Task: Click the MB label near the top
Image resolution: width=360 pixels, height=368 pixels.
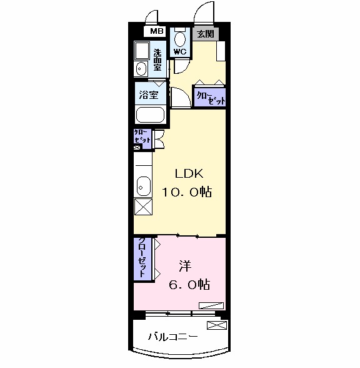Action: (x=155, y=31)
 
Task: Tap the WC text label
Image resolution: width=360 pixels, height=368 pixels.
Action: (x=180, y=52)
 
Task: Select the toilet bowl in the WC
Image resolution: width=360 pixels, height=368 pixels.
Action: (x=180, y=36)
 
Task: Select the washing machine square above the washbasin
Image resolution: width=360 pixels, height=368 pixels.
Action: (x=142, y=51)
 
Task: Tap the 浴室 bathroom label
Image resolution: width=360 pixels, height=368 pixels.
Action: (x=149, y=95)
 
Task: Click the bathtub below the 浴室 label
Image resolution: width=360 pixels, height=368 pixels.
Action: (x=149, y=116)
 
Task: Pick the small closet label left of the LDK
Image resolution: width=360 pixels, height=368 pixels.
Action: (x=141, y=138)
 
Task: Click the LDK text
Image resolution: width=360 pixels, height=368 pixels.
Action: (x=186, y=174)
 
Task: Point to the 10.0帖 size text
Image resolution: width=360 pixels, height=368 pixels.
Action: (x=187, y=193)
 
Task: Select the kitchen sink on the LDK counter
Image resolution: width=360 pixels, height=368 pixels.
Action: (x=142, y=185)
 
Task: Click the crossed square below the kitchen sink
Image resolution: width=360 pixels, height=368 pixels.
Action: (x=142, y=208)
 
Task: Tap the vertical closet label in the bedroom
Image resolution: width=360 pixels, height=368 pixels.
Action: (x=142, y=258)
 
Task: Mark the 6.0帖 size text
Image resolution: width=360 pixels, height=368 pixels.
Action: (x=189, y=285)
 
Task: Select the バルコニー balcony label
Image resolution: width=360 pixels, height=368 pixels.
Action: (x=173, y=337)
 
